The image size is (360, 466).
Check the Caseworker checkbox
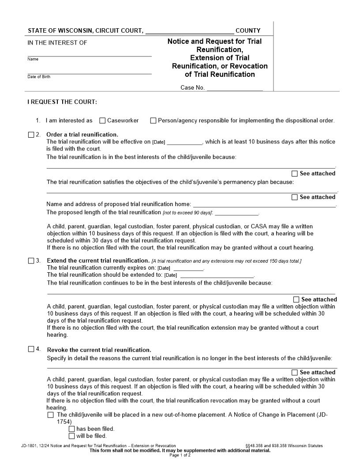click(102, 120)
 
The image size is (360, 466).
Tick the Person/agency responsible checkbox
click(153, 120)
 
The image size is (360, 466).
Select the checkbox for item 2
click(31, 135)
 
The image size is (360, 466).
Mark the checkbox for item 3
click(31, 261)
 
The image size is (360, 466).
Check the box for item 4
click(31, 349)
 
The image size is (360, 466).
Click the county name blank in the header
click(189, 31)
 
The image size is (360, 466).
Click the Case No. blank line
click(235, 88)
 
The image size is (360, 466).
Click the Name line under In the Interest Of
click(90, 54)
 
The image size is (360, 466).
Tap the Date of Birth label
click(39, 77)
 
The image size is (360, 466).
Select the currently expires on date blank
click(188, 268)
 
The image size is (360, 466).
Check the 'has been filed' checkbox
click(71, 429)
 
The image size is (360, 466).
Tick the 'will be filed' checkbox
click(71, 436)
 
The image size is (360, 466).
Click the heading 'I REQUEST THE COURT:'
click(62, 102)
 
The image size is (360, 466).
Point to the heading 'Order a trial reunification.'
click(82, 135)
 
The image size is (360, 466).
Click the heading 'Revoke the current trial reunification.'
click(99, 350)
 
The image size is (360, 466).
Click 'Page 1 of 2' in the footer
click(180, 455)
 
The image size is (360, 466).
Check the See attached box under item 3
click(296, 300)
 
